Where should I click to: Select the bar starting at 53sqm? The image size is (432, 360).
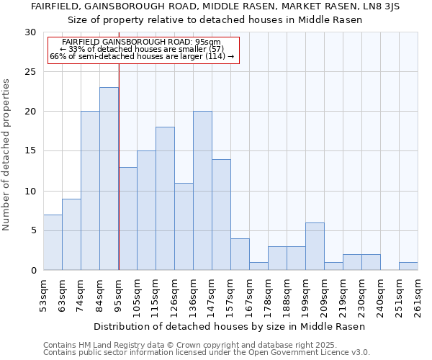point(53,242)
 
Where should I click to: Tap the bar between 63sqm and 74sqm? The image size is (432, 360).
point(71,234)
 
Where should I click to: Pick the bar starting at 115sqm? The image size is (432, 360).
point(165,198)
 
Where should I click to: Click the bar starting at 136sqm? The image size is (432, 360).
point(202,191)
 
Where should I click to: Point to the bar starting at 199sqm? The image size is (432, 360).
point(315,246)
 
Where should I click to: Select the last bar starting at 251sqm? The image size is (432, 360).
point(408,266)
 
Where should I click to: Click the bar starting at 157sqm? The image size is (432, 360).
point(240,254)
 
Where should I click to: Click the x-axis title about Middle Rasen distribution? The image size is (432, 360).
point(230,326)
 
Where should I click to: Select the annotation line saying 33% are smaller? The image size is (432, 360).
point(142,49)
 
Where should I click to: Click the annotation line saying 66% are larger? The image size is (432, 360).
point(142,56)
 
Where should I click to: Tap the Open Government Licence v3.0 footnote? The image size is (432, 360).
point(207,353)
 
